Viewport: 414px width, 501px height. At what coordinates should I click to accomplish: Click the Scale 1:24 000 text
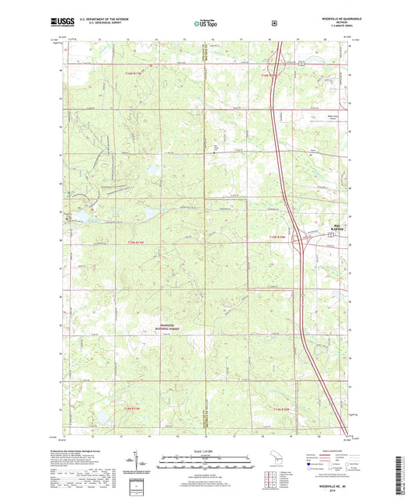click(207, 450)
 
